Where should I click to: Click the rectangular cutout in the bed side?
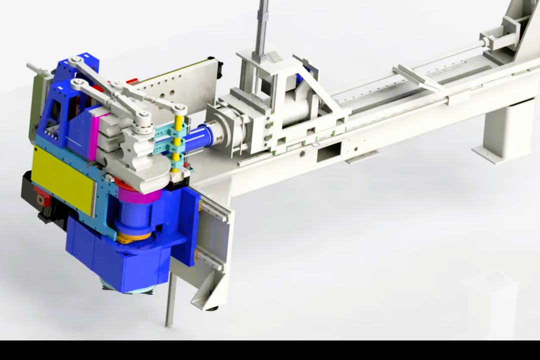328,151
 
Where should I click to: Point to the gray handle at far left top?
37,69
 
